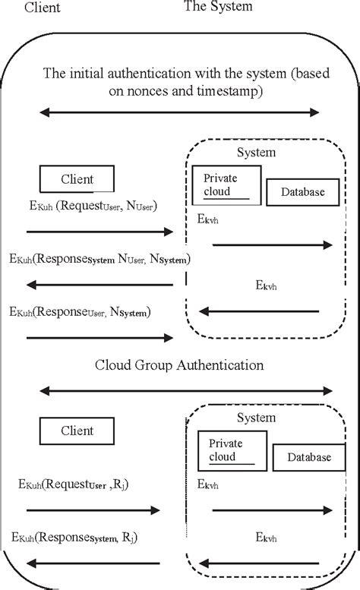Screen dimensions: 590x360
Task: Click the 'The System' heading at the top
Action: click(x=217, y=7)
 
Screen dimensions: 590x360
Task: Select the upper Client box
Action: click(x=77, y=179)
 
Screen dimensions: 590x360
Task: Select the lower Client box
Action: click(x=77, y=431)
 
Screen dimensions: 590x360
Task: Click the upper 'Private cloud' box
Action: click(x=226, y=183)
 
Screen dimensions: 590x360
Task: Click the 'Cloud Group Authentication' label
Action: click(x=179, y=364)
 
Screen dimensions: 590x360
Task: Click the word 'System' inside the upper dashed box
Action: click(x=256, y=152)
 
